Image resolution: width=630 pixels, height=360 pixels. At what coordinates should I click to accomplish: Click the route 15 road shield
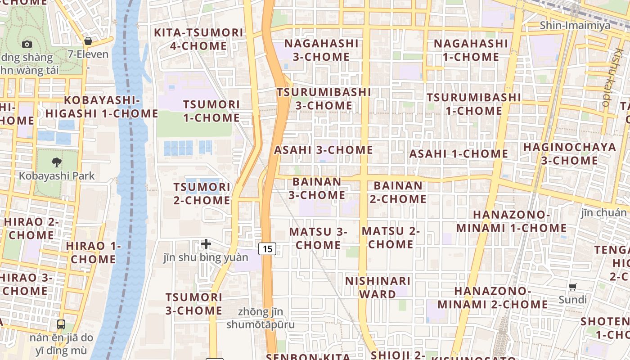coord(267,248)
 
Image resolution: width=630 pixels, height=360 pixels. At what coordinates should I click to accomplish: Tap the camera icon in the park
coord(27,44)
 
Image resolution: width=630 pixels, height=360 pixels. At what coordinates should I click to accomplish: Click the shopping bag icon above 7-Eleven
coord(88,41)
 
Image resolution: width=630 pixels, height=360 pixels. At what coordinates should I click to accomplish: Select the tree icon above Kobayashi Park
coord(57,162)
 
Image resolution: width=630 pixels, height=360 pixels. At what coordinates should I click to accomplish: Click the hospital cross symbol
coord(206,244)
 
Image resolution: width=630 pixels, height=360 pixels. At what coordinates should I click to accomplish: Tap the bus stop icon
coord(61,324)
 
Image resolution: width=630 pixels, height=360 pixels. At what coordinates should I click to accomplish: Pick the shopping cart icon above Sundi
coord(573,287)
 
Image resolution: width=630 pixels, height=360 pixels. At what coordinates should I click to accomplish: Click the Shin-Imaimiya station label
coord(575,25)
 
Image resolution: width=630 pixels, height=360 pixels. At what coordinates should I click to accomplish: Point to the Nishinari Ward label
coord(378,288)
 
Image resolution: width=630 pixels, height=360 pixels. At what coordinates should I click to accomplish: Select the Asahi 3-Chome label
coord(324,150)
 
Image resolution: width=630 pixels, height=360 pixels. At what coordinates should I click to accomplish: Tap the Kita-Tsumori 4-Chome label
coord(198,39)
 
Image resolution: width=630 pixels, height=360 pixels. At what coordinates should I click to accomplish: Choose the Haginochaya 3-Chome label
coord(569,154)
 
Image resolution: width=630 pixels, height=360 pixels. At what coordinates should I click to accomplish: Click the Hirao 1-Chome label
coord(93,252)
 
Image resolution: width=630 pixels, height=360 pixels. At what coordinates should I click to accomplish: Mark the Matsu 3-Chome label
coord(318,238)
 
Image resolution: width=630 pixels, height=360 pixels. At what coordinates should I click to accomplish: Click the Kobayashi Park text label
coord(57,175)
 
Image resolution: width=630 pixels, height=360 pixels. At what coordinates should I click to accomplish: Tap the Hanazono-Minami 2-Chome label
coord(492,298)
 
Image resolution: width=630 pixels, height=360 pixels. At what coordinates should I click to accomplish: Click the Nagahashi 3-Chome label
coord(321,50)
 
